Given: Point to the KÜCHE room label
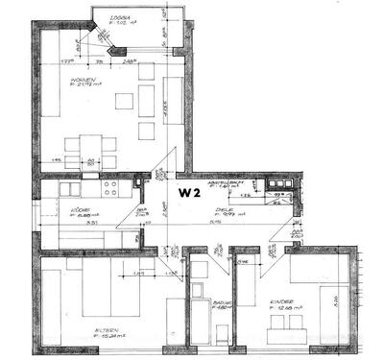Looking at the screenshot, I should [79, 208].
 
